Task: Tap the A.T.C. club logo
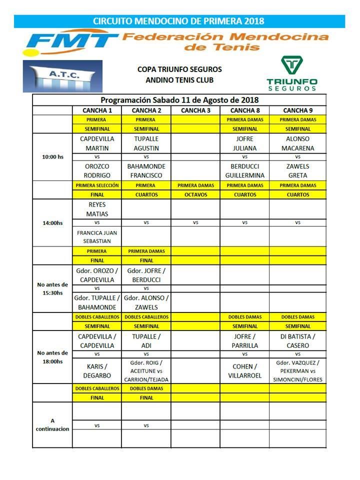62,76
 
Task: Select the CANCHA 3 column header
196,110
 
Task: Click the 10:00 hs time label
52,157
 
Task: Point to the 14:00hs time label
52,223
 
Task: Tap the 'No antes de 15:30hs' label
52,289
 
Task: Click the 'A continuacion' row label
52,425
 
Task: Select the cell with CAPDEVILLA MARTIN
97,143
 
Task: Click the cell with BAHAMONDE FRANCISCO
146,171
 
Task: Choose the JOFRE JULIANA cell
244,143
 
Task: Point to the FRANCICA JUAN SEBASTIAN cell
97,236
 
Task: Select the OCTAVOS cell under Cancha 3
196,194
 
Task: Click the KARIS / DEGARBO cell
97,370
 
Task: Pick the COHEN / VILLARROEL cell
244,370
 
